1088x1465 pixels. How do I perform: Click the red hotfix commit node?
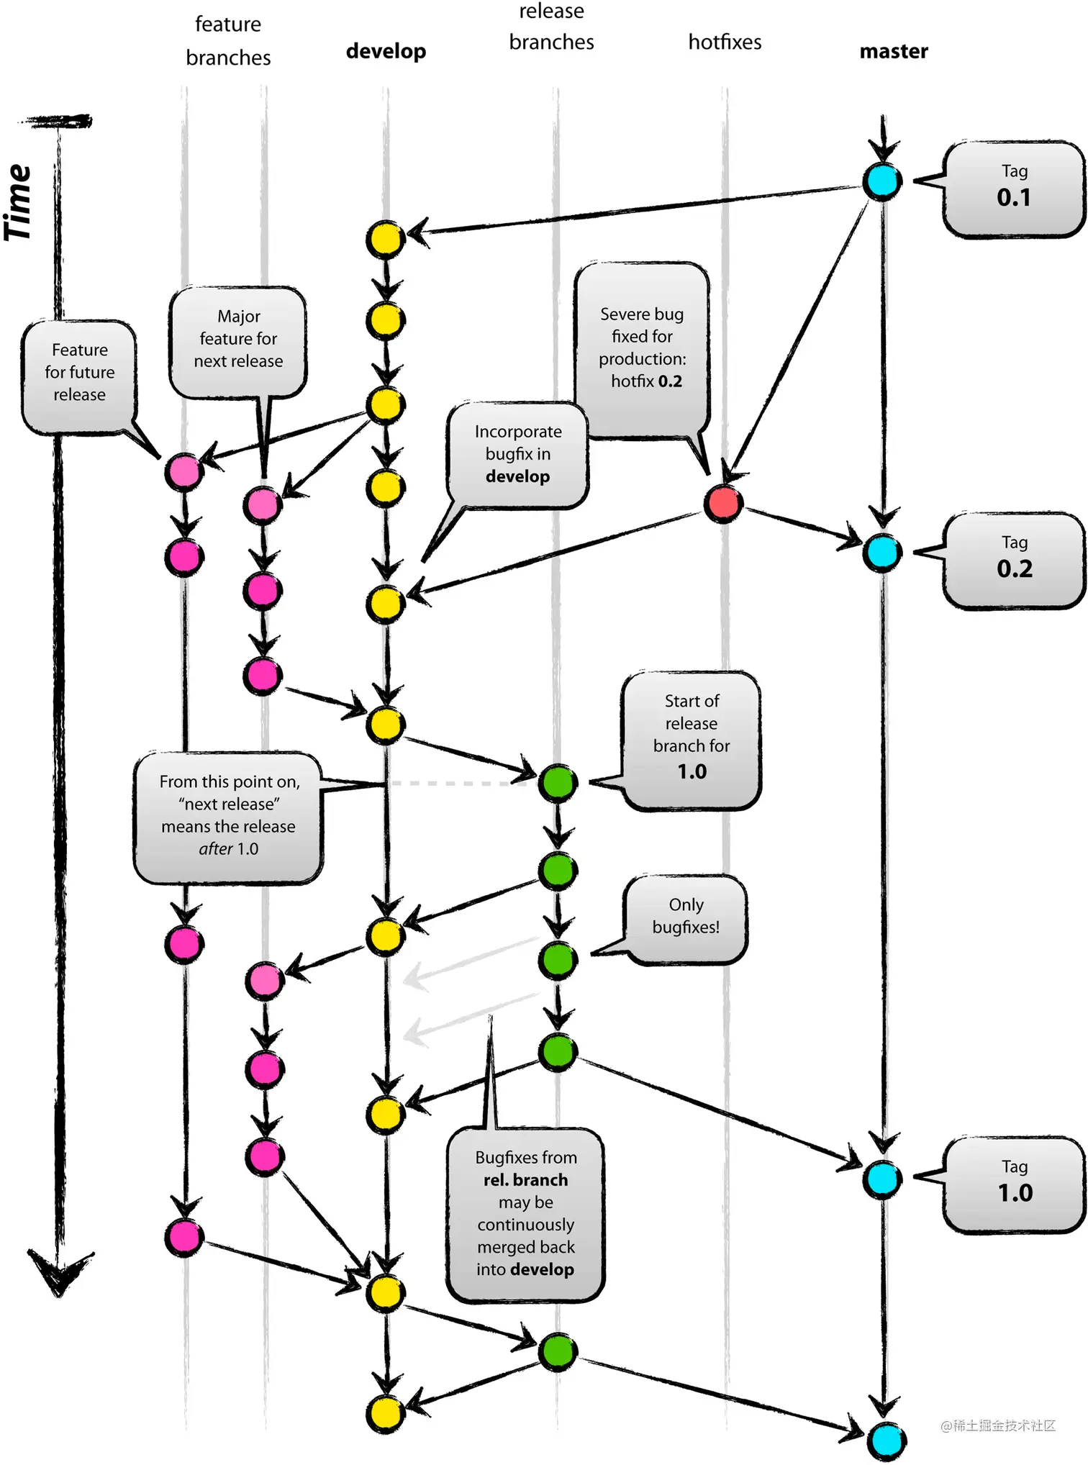[x=722, y=503]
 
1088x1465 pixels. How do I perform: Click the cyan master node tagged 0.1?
[x=882, y=181]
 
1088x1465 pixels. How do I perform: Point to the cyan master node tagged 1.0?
[x=882, y=1179]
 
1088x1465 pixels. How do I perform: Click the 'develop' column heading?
[x=386, y=51]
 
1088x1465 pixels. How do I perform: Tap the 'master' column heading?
[x=894, y=51]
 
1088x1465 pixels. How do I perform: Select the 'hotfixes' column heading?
[x=725, y=42]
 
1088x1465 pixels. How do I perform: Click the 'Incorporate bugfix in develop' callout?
[x=517, y=455]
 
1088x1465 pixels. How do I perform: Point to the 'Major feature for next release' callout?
[x=238, y=340]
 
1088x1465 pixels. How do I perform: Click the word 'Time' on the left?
[x=19, y=203]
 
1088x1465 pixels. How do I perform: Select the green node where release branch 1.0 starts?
[x=558, y=782]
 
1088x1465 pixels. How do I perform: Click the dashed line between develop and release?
[x=461, y=783]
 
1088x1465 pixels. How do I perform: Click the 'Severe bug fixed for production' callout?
[x=642, y=348]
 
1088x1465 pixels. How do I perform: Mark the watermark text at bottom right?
[x=998, y=1425]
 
